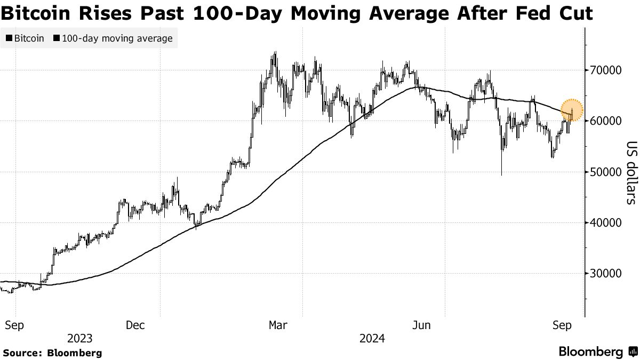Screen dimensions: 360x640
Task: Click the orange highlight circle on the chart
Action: click(x=572, y=110)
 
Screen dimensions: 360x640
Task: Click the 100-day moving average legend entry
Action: click(x=113, y=38)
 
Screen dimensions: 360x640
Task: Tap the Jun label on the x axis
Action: click(x=422, y=325)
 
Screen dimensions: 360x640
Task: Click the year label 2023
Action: click(x=80, y=339)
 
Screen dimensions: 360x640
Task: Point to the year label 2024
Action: click(x=372, y=339)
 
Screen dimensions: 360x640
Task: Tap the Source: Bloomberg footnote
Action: click(x=52, y=353)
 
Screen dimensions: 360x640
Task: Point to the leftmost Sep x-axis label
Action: click(x=15, y=325)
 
